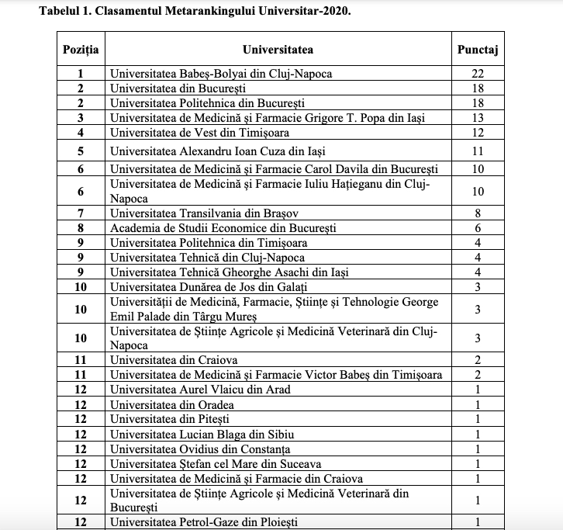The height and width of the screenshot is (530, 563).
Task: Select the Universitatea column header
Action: coord(278,50)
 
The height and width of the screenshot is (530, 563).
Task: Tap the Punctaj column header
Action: coord(477,50)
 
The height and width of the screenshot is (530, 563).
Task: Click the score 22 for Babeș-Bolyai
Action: coord(477,74)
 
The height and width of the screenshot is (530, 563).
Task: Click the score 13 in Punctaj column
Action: coord(477,117)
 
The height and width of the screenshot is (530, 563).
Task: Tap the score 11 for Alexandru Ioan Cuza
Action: coord(477,150)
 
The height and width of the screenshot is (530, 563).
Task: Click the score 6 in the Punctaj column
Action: coord(477,227)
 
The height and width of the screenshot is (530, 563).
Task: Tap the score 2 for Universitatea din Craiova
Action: coord(477,360)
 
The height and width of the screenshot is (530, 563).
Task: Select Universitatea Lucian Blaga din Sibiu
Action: coord(202,434)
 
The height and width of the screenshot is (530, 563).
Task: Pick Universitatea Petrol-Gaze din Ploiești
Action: coord(204,522)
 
